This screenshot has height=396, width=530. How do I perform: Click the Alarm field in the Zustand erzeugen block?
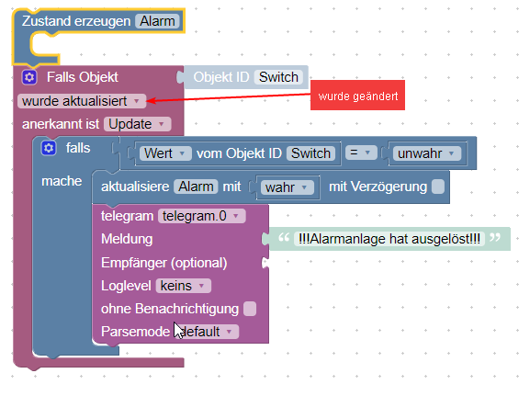(157, 20)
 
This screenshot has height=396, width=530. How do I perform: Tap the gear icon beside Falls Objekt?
(29, 77)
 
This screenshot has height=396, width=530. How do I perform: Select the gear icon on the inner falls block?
(49, 148)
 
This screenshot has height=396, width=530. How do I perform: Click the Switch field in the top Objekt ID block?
(278, 77)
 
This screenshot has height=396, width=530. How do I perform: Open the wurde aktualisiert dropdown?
(81, 100)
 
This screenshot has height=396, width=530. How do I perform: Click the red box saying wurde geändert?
(357, 96)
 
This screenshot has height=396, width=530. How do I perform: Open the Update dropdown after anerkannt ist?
(138, 123)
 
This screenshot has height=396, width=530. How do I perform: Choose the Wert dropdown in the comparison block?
(165, 153)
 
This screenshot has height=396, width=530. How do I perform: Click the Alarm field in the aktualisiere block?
(196, 187)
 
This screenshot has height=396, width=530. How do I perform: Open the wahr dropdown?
(288, 187)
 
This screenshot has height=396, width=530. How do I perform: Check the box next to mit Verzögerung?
(438, 187)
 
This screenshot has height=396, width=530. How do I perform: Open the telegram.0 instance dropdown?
(201, 216)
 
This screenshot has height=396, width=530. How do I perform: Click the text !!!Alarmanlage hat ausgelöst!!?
(389, 240)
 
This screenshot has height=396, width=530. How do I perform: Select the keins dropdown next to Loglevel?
(184, 286)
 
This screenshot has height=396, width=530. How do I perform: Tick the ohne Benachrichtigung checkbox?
(250, 309)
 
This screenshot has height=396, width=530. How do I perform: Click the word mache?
(62, 181)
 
